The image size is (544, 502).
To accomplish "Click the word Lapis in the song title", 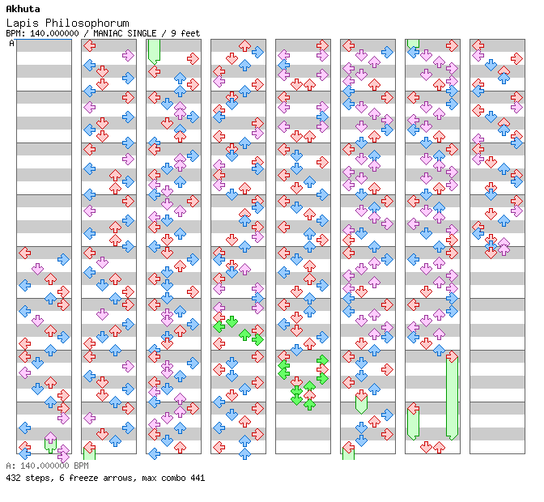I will pyautogui.click(x=21, y=23).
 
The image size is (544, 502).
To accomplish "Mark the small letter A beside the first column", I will pyautogui.click(x=11, y=44).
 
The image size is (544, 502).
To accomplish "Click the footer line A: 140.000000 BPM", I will pyautogui.click(x=47, y=466).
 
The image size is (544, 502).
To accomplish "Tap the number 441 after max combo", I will pyautogui.click(x=196, y=478).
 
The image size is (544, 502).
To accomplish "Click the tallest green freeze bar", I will pyautogui.click(x=452, y=397).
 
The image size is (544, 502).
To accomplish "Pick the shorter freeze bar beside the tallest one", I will pyautogui.click(x=413, y=423).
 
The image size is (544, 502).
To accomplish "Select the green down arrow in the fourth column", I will pyautogui.click(x=232, y=321).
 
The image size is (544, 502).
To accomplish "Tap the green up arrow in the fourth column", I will pyautogui.click(x=244, y=334).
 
